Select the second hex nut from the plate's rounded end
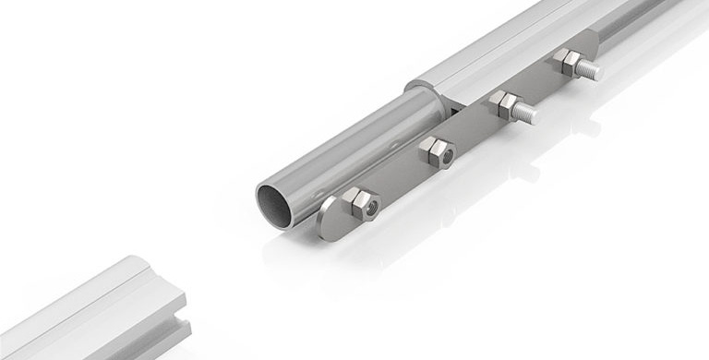(435, 150)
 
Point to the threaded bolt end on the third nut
(528, 113)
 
